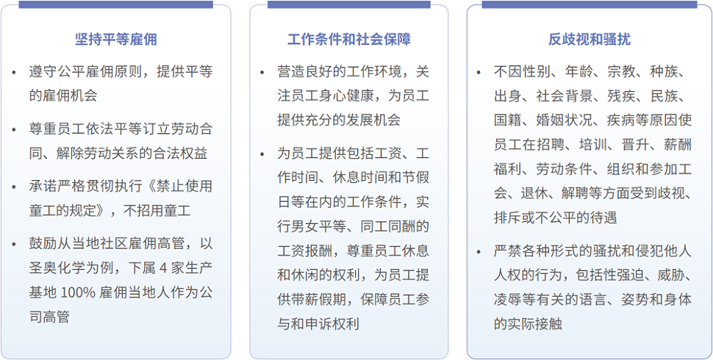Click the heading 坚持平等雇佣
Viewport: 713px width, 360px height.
click(x=116, y=40)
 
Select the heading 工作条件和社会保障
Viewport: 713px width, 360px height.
click(x=348, y=40)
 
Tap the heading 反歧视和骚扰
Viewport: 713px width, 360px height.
click(x=590, y=40)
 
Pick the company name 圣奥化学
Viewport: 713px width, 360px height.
click(x=58, y=267)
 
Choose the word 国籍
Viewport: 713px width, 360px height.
click(x=508, y=120)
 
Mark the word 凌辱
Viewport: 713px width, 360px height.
click(x=508, y=300)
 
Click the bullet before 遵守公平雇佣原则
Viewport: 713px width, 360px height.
click(x=15, y=73)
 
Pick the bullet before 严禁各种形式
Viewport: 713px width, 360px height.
click(x=479, y=251)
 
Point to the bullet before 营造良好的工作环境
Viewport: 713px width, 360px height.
click(x=262, y=73)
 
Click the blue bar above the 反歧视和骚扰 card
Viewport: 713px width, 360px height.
click(x=590, y=4)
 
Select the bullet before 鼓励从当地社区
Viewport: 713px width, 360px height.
click(x=15, y=244)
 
